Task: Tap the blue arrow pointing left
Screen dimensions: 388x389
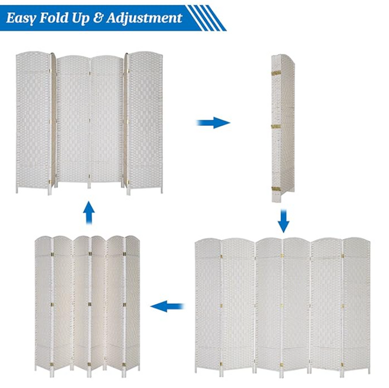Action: click(x=167, y=305)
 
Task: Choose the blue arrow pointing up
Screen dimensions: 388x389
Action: click(x=88, y=213)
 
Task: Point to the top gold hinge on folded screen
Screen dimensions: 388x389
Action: click(x=273, y=74)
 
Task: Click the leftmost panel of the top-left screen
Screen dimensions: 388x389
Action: click(x=32, y=122)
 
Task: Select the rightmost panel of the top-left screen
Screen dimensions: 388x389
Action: click(x=146, y=122)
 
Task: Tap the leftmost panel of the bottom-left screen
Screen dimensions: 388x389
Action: click(x=43, y=302)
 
